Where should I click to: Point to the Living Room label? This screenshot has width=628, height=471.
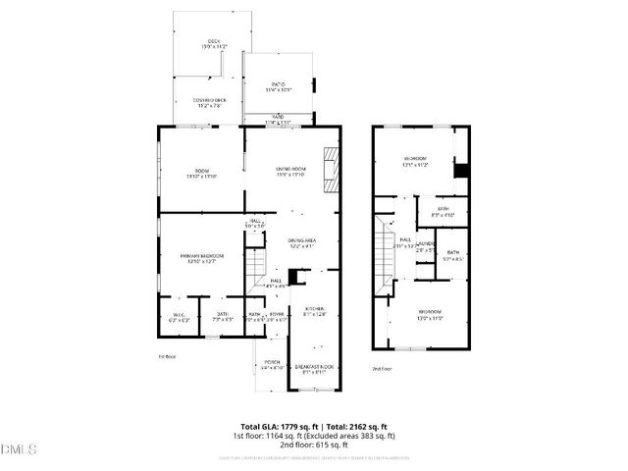(x=291, y=172)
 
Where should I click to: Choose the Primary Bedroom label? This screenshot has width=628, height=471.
(x=201, y=258)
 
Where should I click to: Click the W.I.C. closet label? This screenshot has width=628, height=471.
(x=179, y=316)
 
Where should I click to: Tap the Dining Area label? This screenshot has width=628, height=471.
(x=301, y=242)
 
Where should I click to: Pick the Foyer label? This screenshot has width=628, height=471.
(x=277, y=316)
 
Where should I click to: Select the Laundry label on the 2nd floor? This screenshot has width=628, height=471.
(x=426, y=245)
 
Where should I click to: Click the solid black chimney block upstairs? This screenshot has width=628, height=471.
(x=459, y=169)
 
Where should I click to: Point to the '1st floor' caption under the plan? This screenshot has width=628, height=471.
(x=167, y=356)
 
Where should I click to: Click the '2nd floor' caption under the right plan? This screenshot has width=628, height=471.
(x=381, y=368)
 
